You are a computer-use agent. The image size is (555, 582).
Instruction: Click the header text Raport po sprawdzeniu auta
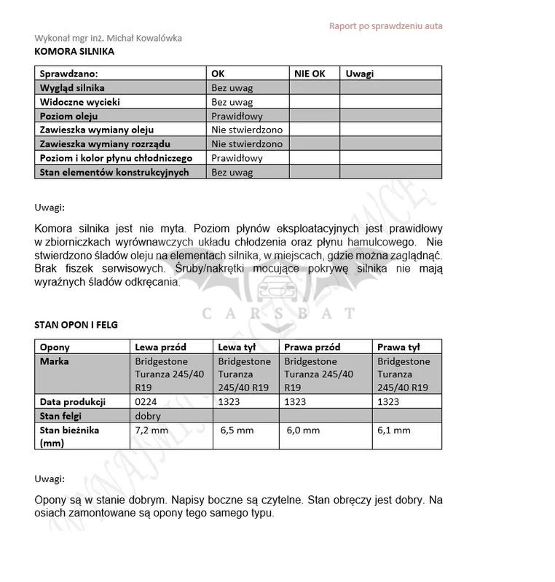pyautogui.click(x=385, y=26)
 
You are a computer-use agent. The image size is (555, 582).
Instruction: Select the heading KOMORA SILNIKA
pyautogui.click(x=74, y=52)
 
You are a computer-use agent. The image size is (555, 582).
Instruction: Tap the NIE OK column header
pyautogui.click(x=310, y=74)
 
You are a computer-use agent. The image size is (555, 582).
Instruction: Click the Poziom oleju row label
pyautogui.click(x=69, y=116)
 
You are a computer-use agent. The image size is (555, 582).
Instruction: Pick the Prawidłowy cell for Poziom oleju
pyautogui.click(x=237, y=116)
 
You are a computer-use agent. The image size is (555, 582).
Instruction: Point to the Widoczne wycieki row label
pyautogui.click(x=80, y=102)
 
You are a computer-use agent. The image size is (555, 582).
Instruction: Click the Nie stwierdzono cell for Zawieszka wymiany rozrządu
pyautogui.click(x=247, y=144)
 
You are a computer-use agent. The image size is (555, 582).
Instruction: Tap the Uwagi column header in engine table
pyautogui.click(x=360, y=74)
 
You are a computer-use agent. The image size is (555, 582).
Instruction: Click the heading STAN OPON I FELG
pyautogui.click(x=76, y=325)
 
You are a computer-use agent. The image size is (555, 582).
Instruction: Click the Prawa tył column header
pyautogui.click(x=398, y=347)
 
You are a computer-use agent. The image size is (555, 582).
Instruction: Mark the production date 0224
pyautogui.click(x=146, y=401)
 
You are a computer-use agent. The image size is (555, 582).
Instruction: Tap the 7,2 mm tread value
pyautogui.click(x=151, y=430)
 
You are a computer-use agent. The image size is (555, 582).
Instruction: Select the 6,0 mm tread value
pyautogui.click(x=304, y=430)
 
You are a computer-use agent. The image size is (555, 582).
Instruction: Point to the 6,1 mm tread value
pyautogui.click(x=394, y=430)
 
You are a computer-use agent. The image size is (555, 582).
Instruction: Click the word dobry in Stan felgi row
pyautogui.click(x=148, y=416)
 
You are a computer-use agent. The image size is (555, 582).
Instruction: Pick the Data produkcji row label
pyautogui.click(x=73, y=401)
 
